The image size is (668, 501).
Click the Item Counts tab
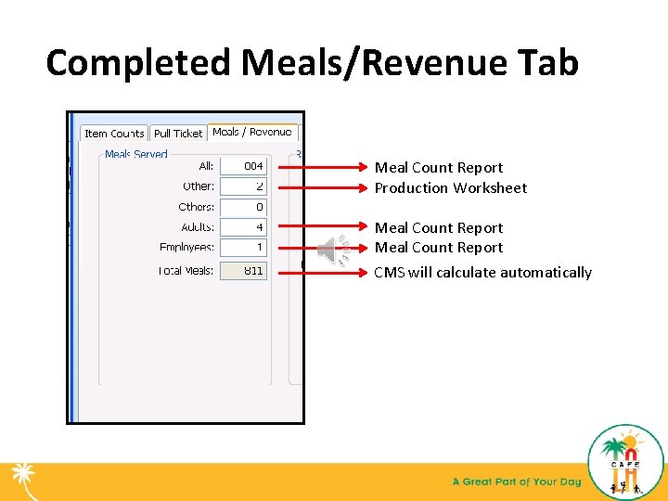(x=114, y=134)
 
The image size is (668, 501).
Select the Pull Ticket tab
(x=177, y=134)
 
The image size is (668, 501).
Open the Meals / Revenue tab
(x=251, y=133)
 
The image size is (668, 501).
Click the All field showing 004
(x=243, y=166)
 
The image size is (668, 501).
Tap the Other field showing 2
(x=243, y=186)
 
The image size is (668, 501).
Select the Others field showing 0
(x=243, y=207)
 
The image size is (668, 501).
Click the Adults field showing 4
(x=243, y=227)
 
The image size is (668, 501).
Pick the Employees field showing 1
(x=243, y=248)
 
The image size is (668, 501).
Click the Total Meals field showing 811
(x=243, y=271)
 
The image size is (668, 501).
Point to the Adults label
(x=197, y=227)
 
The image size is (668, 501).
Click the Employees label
(x=186, y=248)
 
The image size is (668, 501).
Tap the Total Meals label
(x=186, y=271)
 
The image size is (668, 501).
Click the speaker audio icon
(x=331, y=249)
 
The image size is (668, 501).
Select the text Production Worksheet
(x=450, y=188)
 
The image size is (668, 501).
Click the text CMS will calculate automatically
(x=482, y=273)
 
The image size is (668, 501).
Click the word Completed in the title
(x=138, y=63)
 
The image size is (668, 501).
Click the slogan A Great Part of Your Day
(x=516, y=482)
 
